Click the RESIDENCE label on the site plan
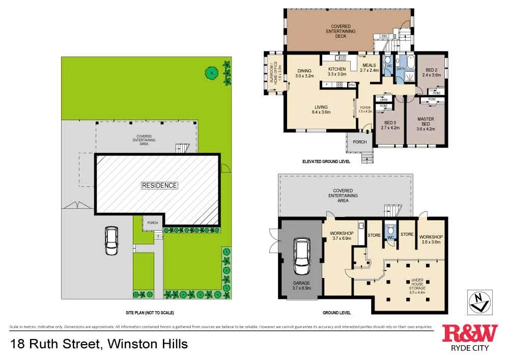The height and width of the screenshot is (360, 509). [159, 185]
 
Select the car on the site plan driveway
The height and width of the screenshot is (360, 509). [112, 241]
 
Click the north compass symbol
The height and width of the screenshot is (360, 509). [478, 300]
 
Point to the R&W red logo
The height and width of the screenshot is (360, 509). [469, 334]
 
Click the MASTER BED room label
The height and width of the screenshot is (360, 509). [426, 121]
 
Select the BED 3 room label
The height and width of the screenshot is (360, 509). [390, 123]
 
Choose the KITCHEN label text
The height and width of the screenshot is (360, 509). [336, 69]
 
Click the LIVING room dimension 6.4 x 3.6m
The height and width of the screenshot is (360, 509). [321, 112]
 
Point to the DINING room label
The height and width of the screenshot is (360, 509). [304, 71]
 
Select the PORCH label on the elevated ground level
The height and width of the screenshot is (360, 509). [360, 142]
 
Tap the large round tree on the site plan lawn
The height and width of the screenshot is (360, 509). [210, 73]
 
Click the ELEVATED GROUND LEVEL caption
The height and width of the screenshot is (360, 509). [326, 161]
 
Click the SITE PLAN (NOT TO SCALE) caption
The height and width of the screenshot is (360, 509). [146, 313]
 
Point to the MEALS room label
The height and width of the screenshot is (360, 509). [370, 65]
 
